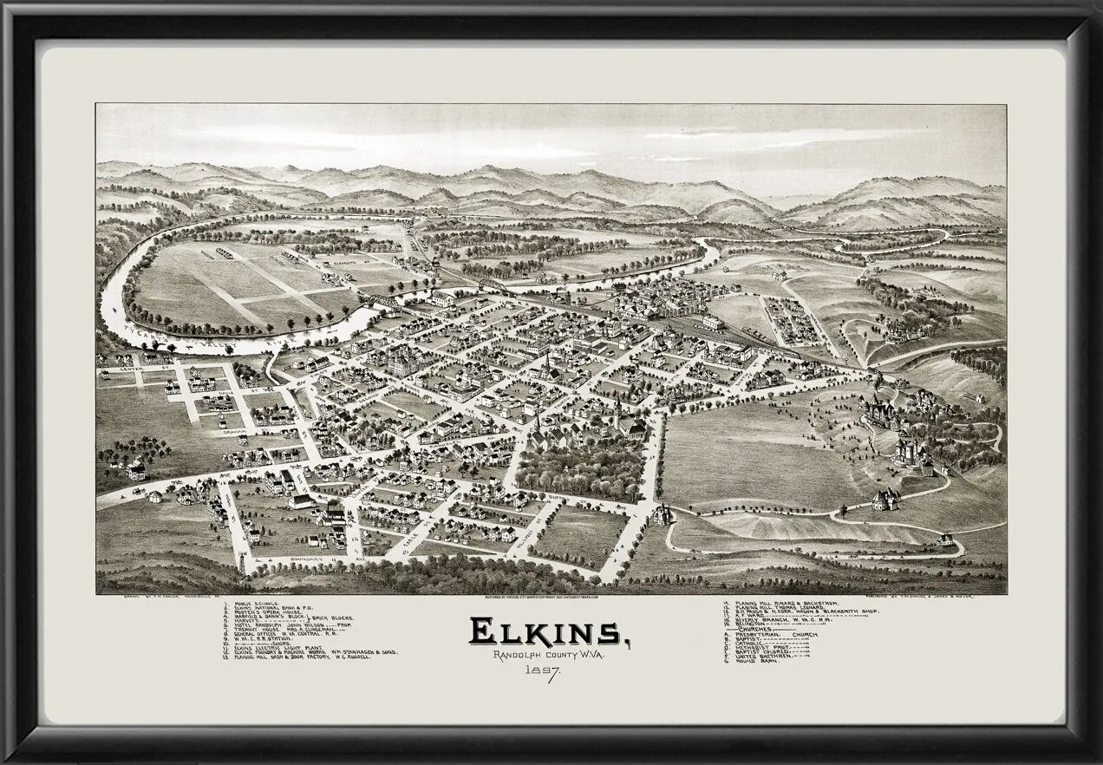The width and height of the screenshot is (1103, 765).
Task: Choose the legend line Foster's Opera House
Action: pyautogui.click(x=269, y=613)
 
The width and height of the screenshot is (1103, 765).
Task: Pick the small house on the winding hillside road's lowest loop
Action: pyautogui.click(x=944, y=539)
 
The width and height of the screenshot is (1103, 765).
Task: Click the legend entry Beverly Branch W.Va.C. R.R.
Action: pyautogui.click(x=776, y=618)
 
